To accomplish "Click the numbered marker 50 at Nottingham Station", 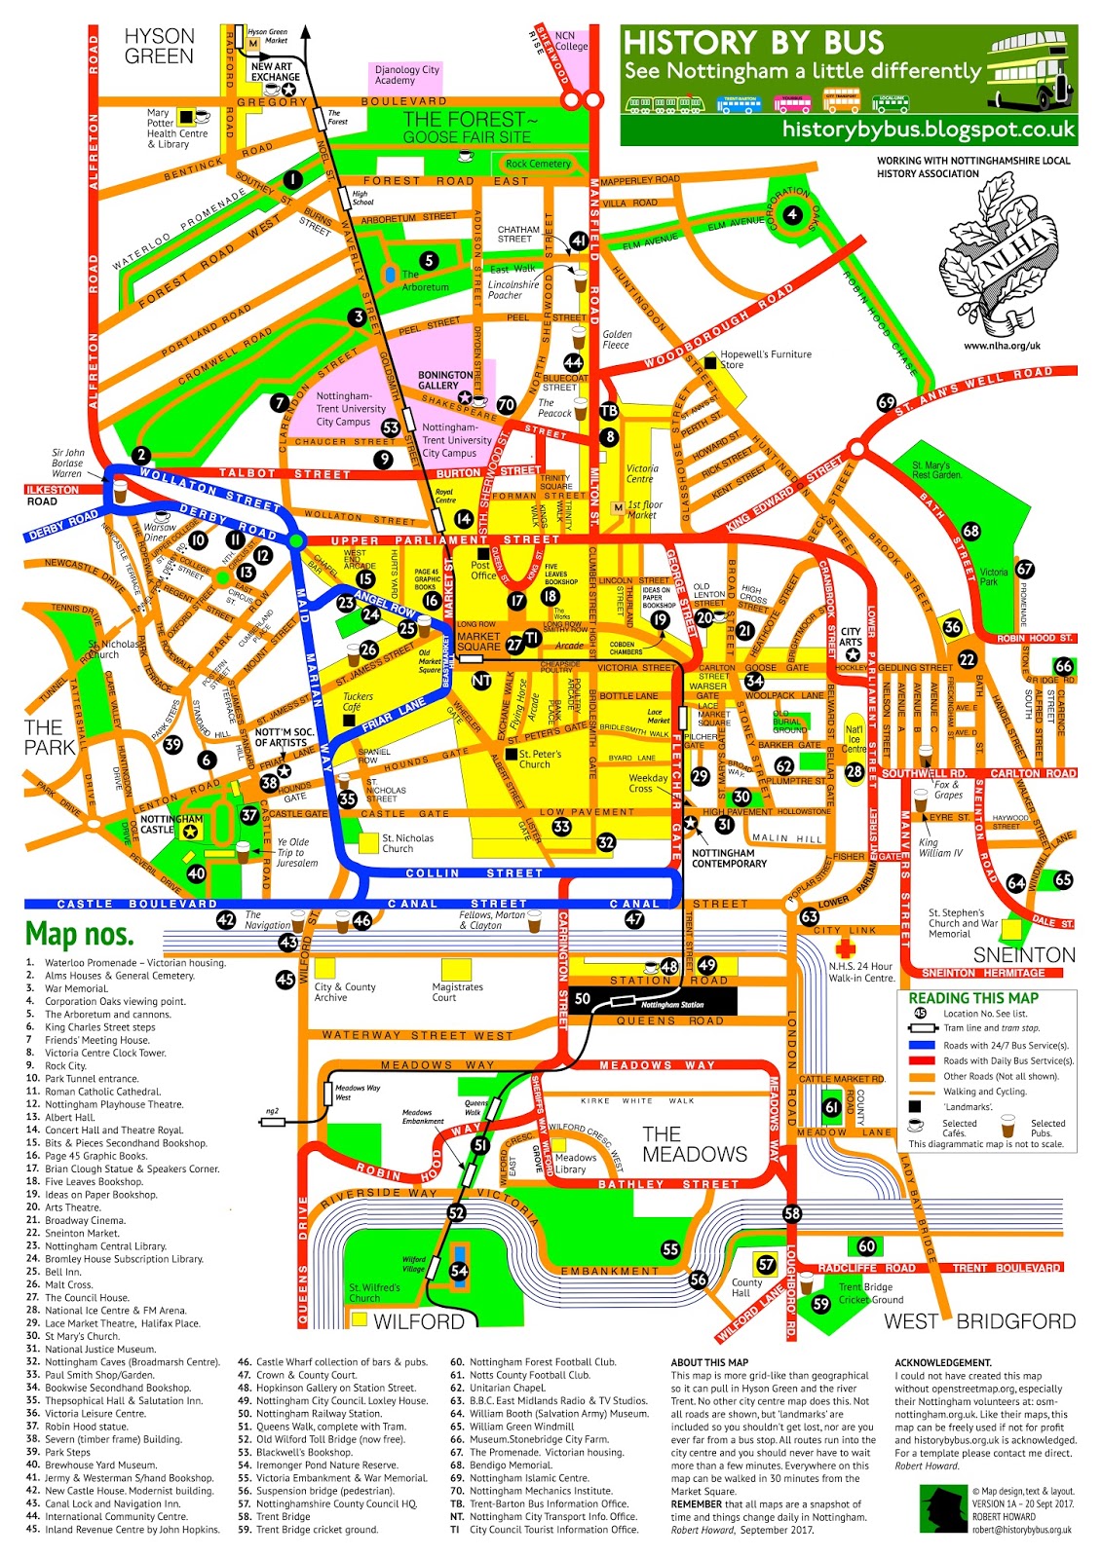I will (583, 998).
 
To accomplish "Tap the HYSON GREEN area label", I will (160, 46).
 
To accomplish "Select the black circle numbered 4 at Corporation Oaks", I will (792, 214).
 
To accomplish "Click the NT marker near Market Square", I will (481, 681).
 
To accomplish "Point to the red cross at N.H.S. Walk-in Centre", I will (845, 947).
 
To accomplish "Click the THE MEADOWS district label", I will (694, 1144).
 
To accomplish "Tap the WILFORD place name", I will (419, 1321).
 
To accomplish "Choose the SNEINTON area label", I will (1024, 954).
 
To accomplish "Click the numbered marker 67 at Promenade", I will (1024, 569).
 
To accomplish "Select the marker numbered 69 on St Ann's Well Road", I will (886, 402).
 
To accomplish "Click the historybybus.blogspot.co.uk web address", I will (929, 129).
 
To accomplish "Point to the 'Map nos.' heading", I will (79, 934).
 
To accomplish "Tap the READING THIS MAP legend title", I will (973, 998).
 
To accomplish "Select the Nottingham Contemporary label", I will (729, 858).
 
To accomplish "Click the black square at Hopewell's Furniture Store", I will (710, 363).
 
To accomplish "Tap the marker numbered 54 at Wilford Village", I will (459, 1270).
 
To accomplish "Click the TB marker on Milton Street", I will (609, 411).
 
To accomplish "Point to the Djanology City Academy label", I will (407, 75).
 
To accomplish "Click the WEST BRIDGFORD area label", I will (979, 1321).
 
